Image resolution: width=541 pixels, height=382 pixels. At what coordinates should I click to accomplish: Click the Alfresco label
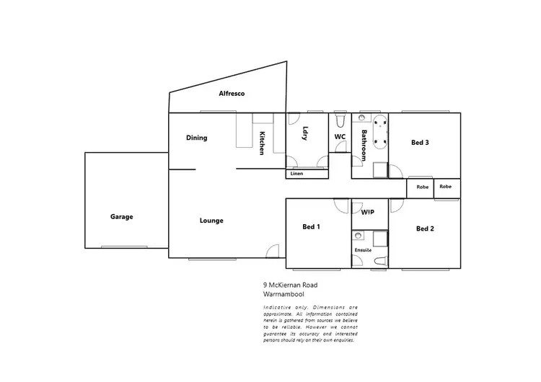(x=232, y=94)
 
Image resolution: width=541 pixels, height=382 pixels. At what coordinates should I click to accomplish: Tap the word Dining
(x=196, y=138)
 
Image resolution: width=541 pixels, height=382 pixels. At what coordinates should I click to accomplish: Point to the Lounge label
(x=211, y=221)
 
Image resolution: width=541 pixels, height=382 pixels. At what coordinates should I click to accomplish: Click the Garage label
(x=121, y=216)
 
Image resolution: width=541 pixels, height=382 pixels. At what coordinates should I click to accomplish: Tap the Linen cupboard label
(x=297, y=174)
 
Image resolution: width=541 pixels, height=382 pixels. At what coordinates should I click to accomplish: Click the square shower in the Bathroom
(x=379, y=171)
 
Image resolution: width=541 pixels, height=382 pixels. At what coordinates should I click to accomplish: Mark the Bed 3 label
(x=420, y=143)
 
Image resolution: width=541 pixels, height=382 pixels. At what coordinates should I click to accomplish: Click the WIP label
(x=367, y=212)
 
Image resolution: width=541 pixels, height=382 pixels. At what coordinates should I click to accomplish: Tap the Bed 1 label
(x=311, y=227)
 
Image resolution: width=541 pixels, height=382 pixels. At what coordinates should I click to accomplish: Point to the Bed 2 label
(x=425, y=228)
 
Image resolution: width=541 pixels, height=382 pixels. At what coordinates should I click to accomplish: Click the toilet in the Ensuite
(x=381, y=261)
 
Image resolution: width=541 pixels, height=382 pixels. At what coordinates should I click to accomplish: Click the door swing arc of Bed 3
(x=396, y=172)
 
